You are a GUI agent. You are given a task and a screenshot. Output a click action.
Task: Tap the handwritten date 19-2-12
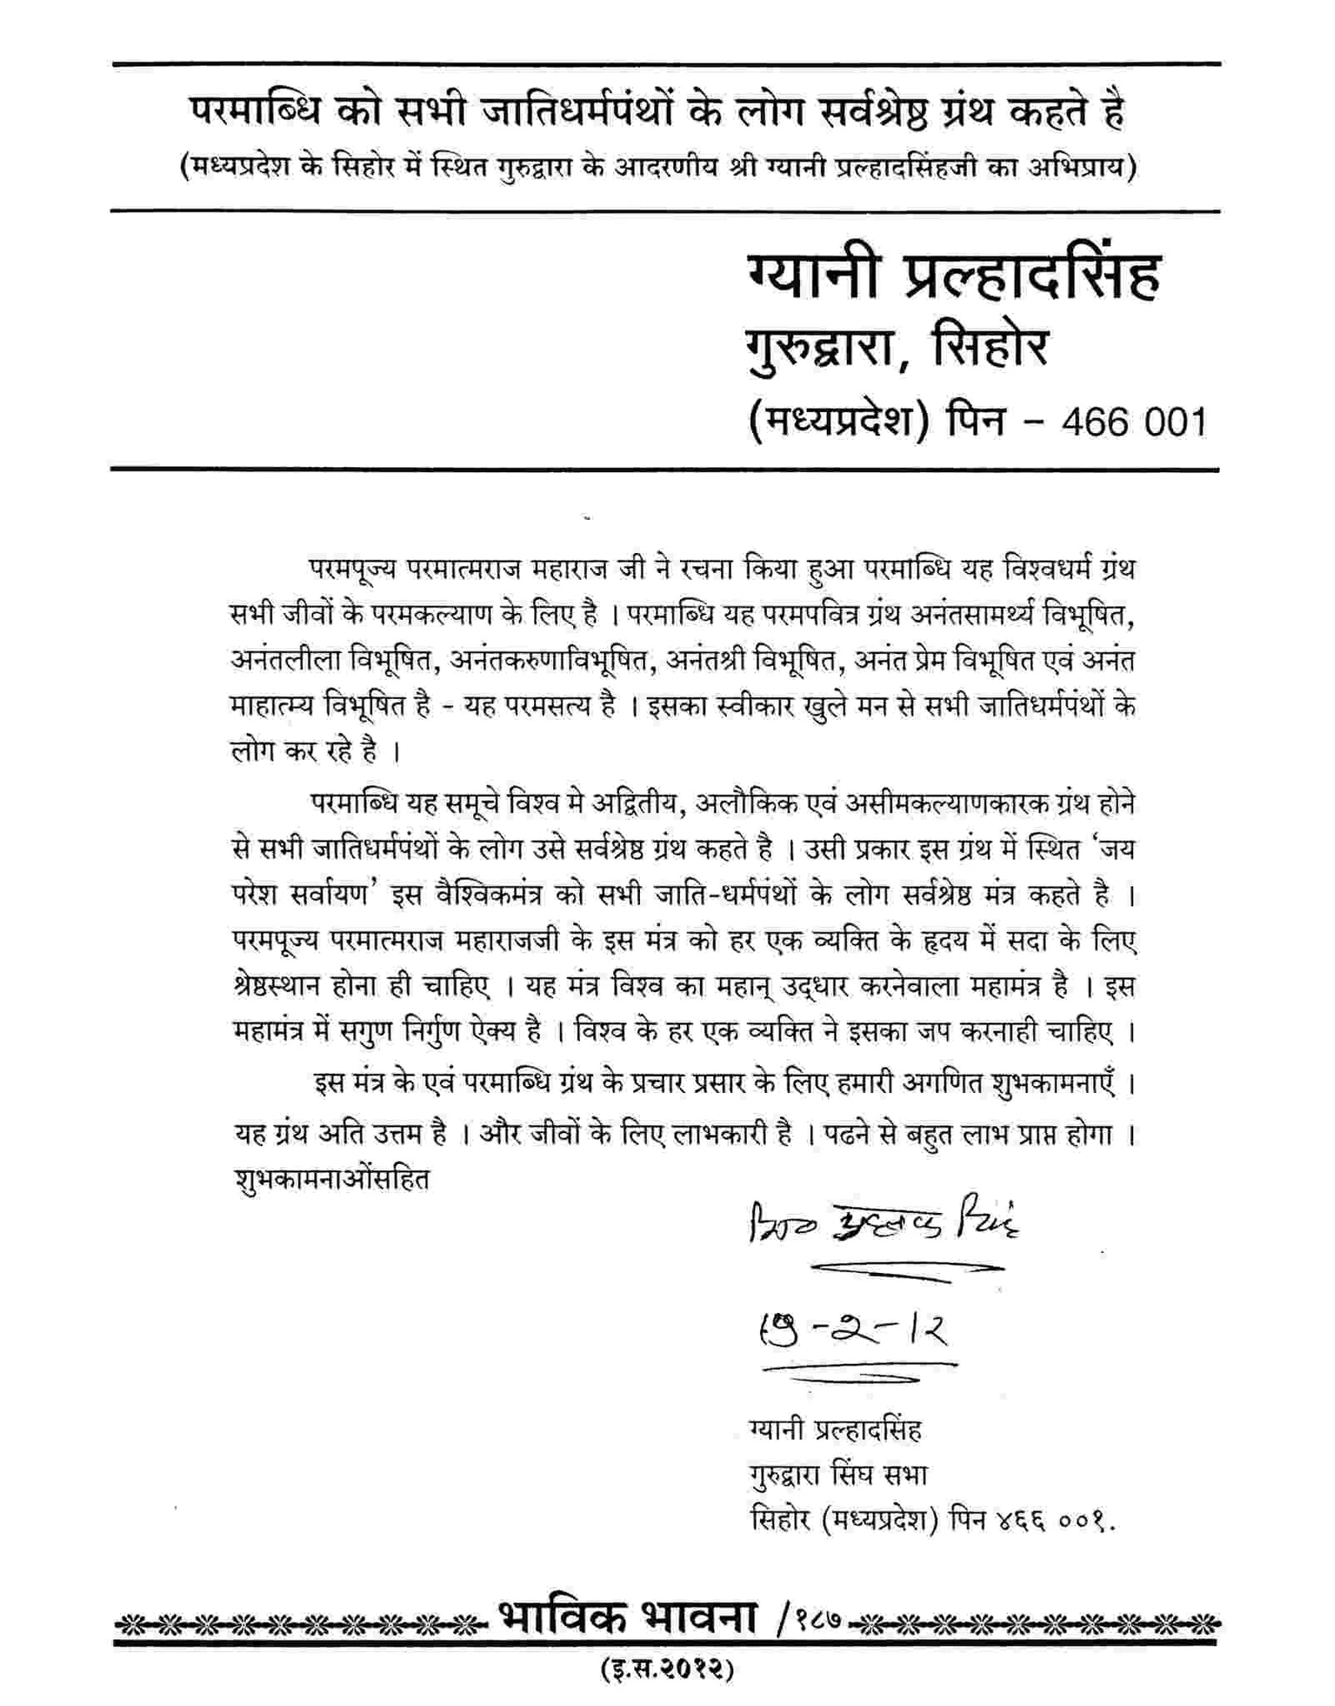coord(851,1328)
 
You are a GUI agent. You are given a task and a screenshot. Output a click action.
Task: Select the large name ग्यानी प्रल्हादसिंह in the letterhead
coord(951,278)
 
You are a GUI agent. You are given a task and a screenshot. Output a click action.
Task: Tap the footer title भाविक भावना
coord(627,1620)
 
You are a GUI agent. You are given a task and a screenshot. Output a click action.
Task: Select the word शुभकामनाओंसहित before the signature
coord(332,1180)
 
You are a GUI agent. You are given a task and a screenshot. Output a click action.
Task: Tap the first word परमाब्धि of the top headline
coord(254,114)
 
